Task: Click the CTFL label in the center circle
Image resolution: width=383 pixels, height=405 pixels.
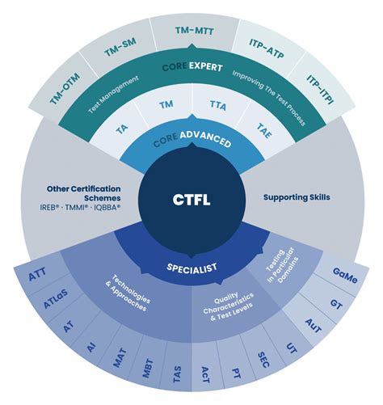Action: coord(191,197)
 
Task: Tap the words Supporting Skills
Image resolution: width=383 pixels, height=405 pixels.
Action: coord(297,196)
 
